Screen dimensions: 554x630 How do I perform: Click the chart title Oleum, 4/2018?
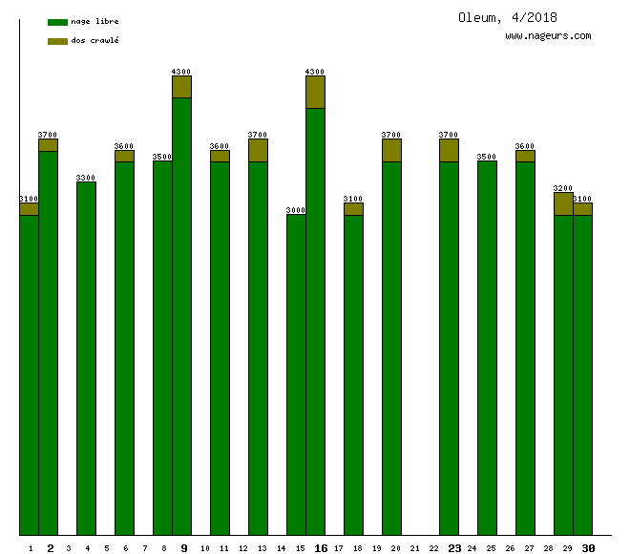(507, 17)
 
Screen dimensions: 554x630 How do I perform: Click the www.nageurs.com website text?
(548, 36)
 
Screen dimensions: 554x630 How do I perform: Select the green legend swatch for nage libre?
(57, 21)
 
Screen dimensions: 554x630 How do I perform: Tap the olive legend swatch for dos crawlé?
(57, 41)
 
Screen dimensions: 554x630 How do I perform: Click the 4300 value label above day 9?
(181, 72)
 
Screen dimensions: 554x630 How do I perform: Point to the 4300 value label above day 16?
(315, 72)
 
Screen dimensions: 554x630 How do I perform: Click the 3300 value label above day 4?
(86, 178)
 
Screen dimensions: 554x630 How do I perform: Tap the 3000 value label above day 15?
(296, 210)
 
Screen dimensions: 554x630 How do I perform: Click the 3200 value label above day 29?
(563, 188)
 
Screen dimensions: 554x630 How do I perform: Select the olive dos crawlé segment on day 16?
(315, 92)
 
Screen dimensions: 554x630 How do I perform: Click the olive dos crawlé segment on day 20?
(391, 150)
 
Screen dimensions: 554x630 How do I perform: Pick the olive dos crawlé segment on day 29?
(563, 203)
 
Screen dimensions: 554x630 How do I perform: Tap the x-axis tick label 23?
(454, 548)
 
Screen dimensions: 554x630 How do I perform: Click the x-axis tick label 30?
(588, 548)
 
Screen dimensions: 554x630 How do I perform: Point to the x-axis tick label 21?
(414, 548)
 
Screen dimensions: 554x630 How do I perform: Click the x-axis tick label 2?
(51, 548)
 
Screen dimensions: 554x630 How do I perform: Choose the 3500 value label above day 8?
(162, 157)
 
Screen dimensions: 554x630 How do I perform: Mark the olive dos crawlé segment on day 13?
(258, 150)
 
